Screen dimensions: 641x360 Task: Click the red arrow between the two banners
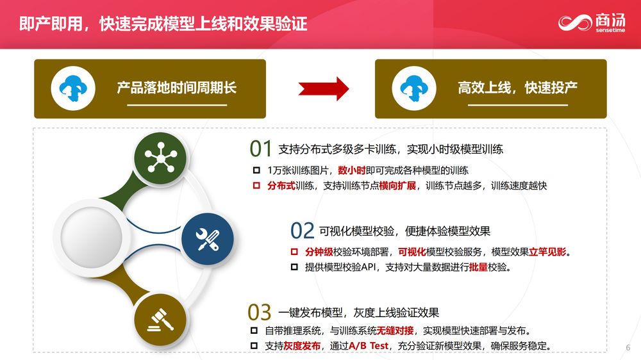click(323, 88)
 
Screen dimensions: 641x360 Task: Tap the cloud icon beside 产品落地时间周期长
click(73, 88)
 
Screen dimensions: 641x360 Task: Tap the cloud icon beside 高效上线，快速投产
click(414, 88)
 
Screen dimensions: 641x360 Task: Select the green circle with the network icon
click(161, 158)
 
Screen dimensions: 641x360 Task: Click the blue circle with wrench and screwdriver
click(208, 239)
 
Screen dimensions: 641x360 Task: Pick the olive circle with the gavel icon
click(160, 320)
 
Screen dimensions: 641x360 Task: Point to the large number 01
click(260, 149)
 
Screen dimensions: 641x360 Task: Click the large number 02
click(302, 231)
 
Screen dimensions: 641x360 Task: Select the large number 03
click(259, 313)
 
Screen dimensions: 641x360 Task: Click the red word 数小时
click(351, 170)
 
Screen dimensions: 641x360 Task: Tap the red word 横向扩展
click(397, 186)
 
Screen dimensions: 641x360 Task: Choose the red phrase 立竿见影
click(547, 252)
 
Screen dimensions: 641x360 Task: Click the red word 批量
click(478, 267)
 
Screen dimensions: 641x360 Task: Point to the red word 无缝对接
click(395, 330)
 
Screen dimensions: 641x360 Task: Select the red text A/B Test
click(369, 346)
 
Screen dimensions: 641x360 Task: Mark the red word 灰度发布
click(302, 346)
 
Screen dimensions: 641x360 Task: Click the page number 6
click(628, 348)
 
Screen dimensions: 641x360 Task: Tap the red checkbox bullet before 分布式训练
click(256, 186)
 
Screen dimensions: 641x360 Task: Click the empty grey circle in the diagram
click(92, 237)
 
